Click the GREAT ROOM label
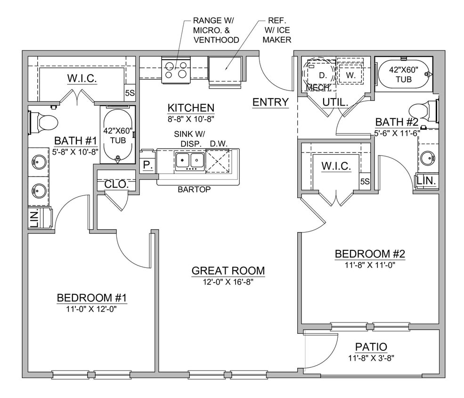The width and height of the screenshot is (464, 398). coord(228,271)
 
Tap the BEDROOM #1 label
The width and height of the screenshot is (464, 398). coord(92,298)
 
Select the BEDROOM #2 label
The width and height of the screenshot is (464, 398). coord(370,254)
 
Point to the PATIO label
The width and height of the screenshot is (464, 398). coord(371,347)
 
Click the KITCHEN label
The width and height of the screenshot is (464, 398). coord(191,108)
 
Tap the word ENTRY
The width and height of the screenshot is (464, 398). coord(270,102)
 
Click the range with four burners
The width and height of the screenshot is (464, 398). coord(176,70)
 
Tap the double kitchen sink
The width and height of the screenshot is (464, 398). coord(190,161)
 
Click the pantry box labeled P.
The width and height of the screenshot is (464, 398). coord(147,165)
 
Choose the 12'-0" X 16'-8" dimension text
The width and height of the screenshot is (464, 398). coord(228,282)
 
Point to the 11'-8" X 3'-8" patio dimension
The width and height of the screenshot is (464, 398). coord(371,357)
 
